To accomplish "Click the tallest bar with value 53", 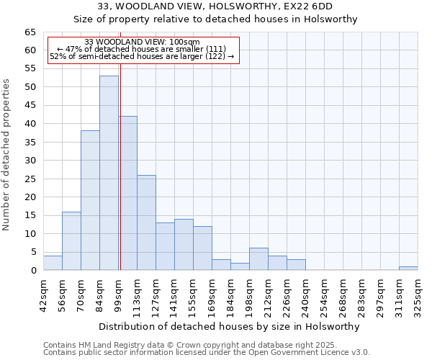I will (109, 173).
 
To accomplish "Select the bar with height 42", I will (127, 193).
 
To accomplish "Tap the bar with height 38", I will (90, 200).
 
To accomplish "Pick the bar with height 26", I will (146, 222).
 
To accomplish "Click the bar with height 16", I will (71, 241).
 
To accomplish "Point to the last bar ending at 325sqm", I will (408, 269).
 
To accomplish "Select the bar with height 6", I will (258, 259).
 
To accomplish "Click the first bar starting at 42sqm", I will (53, 263).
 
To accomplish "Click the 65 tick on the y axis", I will (30, 32).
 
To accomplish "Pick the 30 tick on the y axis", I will (30, 161).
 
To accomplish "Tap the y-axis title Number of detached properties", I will (6, 155).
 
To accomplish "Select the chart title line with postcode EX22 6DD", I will (216, 7).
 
